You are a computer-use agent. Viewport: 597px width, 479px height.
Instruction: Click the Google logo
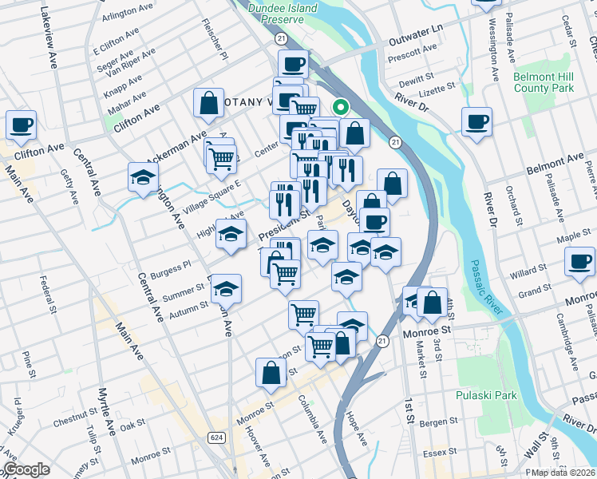click(26, 469)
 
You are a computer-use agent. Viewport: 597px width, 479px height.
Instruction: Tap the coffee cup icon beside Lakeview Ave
click(21, 125)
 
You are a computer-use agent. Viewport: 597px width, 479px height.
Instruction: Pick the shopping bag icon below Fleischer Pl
click(208, 102)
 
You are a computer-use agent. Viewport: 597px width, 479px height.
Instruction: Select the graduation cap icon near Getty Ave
click(143, 177)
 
